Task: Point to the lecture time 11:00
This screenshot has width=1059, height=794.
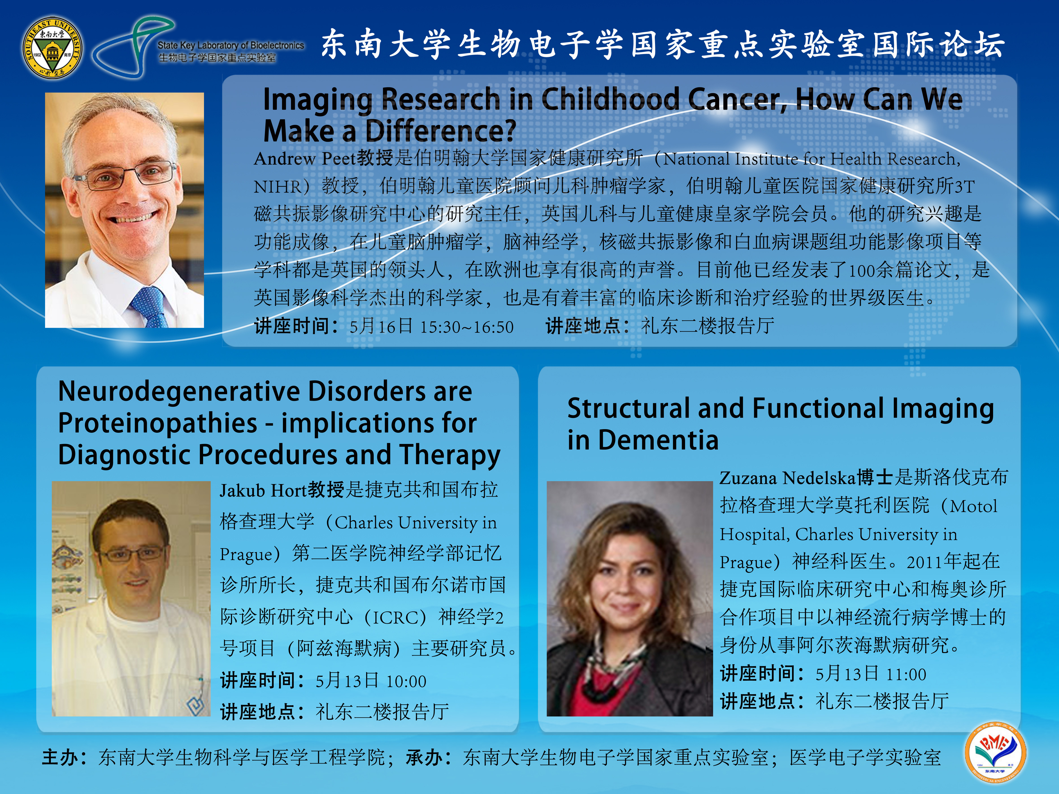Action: (x=906, y=674)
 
